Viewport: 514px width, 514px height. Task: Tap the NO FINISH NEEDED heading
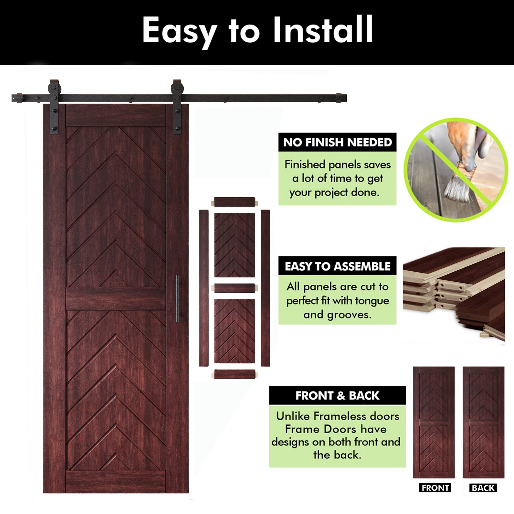point(337,142)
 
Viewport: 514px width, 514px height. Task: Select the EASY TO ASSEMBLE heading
point(337,266)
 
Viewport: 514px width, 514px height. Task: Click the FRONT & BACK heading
point(337,395)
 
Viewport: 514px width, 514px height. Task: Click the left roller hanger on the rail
point(54,106)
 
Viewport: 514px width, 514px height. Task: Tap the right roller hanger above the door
point(177,106)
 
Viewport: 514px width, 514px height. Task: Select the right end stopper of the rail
point(339,98)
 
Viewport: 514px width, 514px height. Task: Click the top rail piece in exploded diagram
point(234,202)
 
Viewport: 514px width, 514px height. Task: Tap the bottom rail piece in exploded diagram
point(234,374)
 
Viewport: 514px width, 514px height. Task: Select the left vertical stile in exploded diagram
point(204,288)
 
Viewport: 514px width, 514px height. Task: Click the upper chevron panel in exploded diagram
point(234,245)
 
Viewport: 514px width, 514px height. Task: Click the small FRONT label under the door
point(435,488)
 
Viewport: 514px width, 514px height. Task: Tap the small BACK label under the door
point(483,488)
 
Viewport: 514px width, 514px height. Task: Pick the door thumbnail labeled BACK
point(483,423)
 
